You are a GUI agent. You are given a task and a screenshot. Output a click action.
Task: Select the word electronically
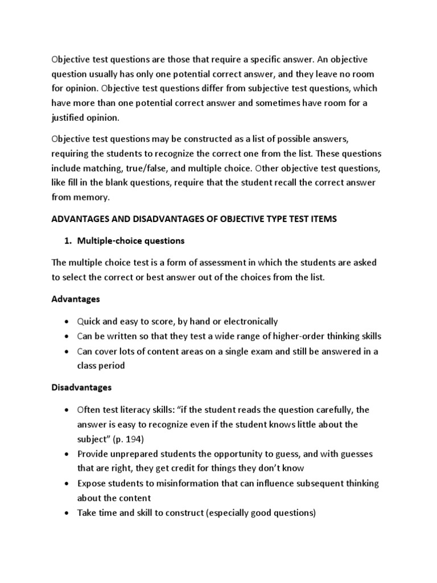(249, 321)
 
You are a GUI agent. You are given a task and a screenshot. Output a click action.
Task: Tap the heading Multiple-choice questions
(132, 240)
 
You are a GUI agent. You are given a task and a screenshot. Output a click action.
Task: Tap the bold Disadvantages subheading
(81, 387)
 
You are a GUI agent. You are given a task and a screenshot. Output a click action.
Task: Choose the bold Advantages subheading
(76, 298)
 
